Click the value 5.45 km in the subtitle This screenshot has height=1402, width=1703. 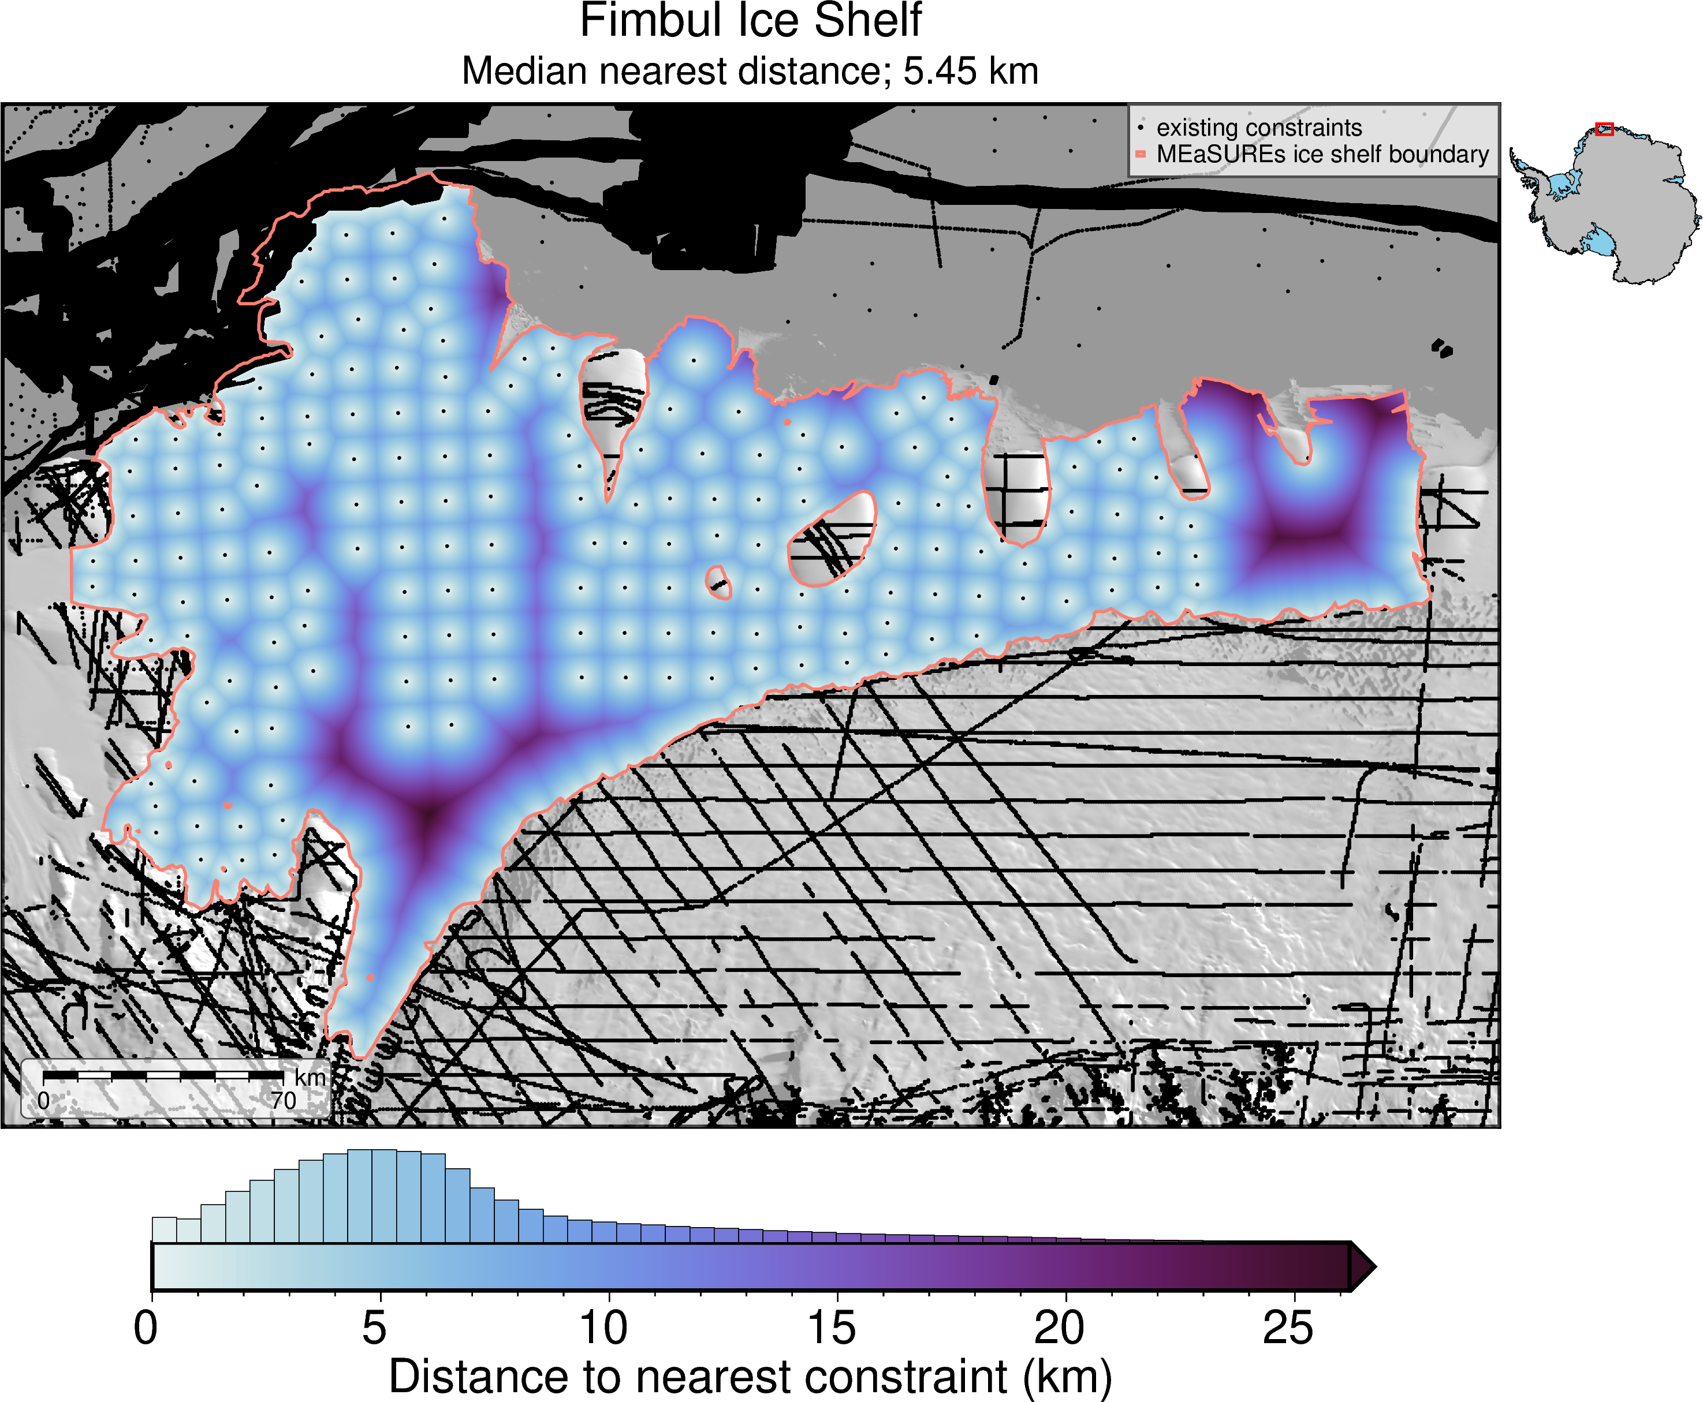tap(970, 71)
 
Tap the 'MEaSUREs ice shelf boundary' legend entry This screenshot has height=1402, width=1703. tap(1322, 154)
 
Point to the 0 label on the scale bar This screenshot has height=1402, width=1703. tap(44, 1101)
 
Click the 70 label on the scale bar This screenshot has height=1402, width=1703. tap(283, 1101)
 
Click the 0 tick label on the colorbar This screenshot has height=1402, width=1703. tap(146, 1329)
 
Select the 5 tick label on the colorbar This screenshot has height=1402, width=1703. tap(374, 1329)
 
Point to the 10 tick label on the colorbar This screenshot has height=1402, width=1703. tap(603, 1329)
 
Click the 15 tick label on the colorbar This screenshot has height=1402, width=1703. tap(832, 1329)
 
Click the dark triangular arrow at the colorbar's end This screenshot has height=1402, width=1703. tap(1361, 1266)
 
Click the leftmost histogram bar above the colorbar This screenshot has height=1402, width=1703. tap(164, 1229)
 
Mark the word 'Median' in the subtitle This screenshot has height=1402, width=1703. tap(513, 71)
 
